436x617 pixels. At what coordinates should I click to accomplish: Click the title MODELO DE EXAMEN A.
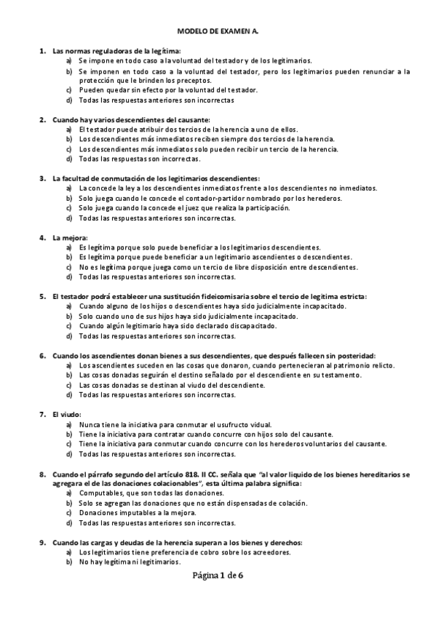[x=218, y=32]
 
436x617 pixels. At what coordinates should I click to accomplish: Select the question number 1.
[x=41, y=51]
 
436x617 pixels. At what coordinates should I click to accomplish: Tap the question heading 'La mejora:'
[x=70, y=237]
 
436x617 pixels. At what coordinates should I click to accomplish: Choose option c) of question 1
[x=68, y=89]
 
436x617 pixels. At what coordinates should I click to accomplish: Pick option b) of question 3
[x=68, y=198]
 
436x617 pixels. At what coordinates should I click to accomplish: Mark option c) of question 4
[x=68, y=267]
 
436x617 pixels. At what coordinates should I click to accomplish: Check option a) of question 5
[x=68, y=306]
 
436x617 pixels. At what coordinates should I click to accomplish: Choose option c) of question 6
[x=68, y=385]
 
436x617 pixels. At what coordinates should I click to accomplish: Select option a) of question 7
[x=68, y=424]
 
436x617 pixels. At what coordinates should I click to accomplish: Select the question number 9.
[x=41, y=543]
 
